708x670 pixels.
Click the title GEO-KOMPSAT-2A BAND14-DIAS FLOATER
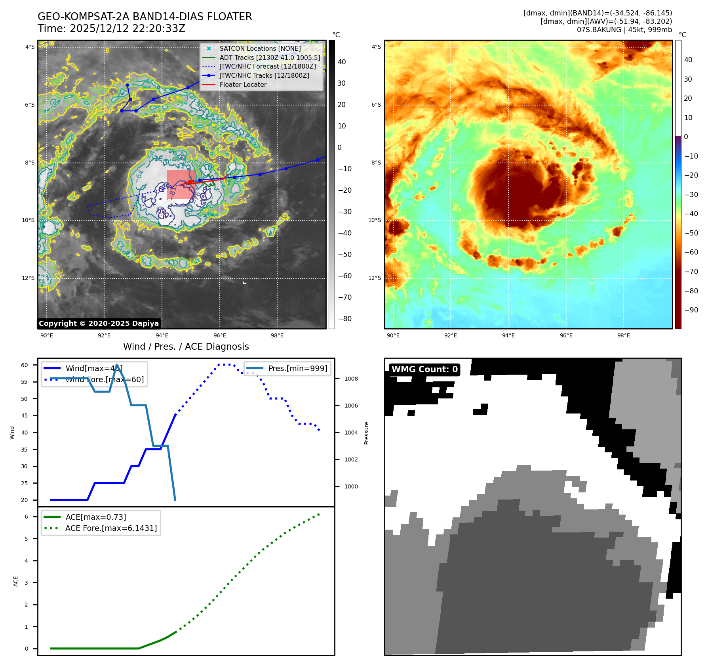point(145,17)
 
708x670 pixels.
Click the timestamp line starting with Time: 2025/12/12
point(111,29)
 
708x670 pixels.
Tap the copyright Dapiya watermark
point(99,324)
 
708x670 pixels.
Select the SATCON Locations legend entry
point(260,48)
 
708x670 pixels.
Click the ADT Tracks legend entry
point(270,57)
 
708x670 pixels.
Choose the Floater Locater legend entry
point(243,84)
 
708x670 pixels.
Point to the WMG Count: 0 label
point(424,369)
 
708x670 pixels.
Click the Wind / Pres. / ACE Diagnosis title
point(186,346)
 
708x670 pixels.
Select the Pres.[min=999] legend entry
point(297,368)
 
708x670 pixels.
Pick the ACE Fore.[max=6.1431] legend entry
point(111,528)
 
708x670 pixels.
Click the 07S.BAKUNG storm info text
point(624,30)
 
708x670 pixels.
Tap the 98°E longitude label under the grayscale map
point(277,335)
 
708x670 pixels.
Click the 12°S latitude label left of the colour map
point(375,278)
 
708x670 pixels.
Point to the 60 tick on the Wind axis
point(25,365)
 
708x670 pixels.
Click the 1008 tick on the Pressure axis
point(351,379)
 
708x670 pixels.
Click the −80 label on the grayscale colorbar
point(344,319)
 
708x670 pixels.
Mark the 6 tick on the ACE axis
point(26,517)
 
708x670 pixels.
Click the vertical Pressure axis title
point(366,433)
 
